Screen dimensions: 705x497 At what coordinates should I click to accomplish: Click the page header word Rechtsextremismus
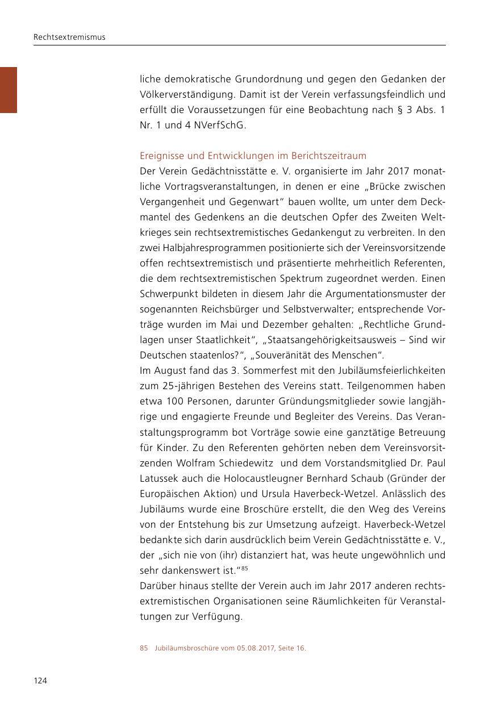(69, 37)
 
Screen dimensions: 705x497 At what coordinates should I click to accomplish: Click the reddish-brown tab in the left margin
(9, 90)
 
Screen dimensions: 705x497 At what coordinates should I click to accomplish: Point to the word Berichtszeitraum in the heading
(329, 156)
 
